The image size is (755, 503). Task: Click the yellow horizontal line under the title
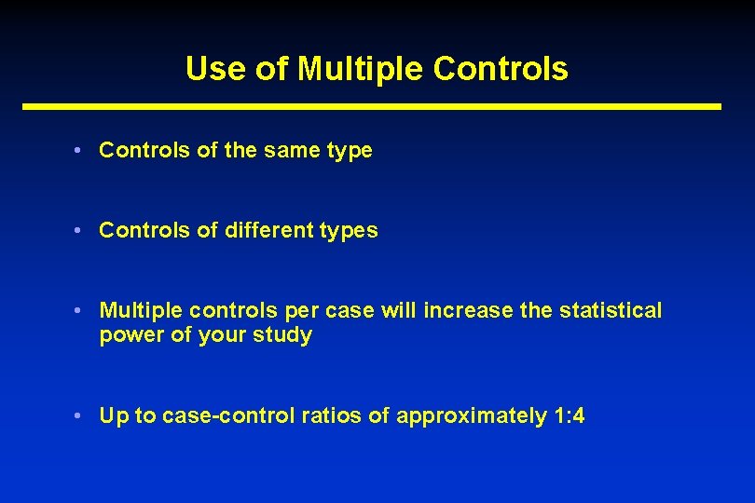point(372,107)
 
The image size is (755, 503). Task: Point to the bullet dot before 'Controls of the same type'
point(82,150)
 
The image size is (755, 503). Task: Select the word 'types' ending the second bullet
point(350,231)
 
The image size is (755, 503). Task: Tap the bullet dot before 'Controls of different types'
point(82,230)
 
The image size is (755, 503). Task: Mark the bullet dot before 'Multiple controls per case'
point(82,310)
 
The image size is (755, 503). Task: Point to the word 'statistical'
point(611,310)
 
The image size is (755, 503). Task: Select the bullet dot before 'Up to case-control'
point(82,415)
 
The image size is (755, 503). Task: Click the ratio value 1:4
point(569,415)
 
